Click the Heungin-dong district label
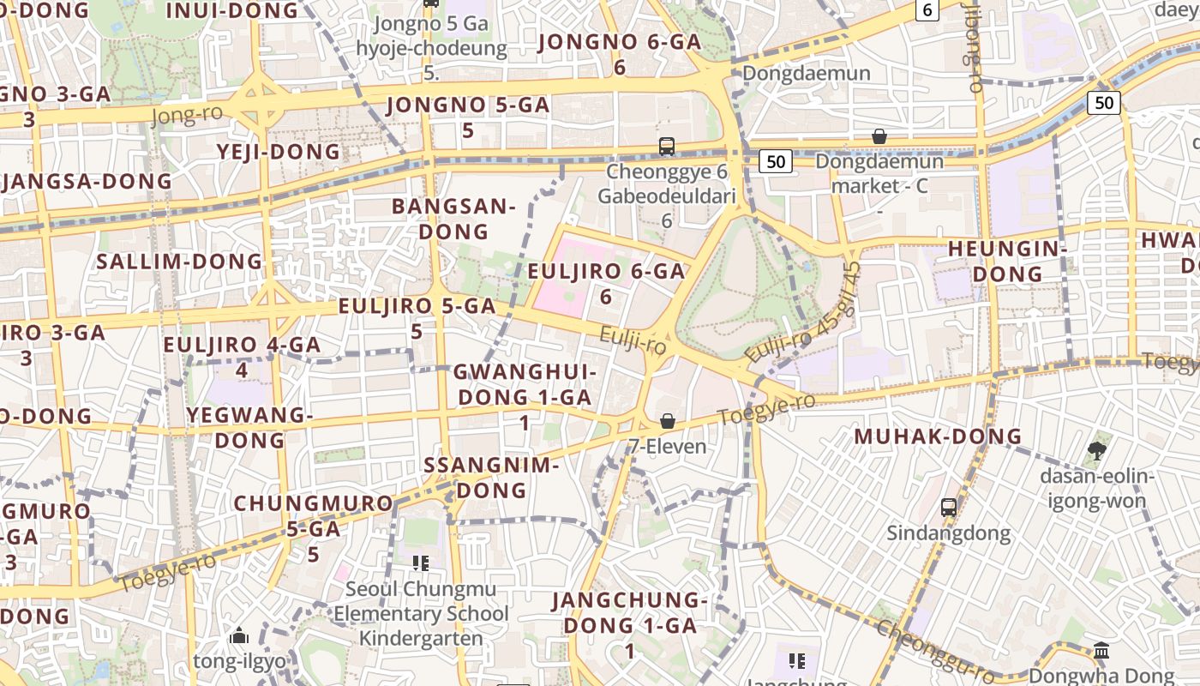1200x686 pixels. point(1006,261)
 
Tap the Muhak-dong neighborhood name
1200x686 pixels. point(938,436)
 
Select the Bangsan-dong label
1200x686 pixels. point(453,219)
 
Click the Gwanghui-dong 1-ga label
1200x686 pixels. point(524,385)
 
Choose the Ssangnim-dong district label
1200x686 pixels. point(491,478)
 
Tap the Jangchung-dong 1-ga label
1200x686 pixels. point(629,612)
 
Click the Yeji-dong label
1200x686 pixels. point(279,152)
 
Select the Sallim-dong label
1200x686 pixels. point(179,262)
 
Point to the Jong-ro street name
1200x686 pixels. point(187,115)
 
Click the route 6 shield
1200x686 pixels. point(927,10)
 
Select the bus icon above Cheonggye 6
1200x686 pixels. point(667,146)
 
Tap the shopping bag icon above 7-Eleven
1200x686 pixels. point(667,421)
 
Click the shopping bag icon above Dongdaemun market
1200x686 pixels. point(879,136)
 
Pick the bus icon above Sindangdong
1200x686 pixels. point(949,507)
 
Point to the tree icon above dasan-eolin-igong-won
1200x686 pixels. point(1096,450)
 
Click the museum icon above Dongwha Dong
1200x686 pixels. point(1101,651)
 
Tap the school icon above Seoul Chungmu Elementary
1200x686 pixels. point(420,563)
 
